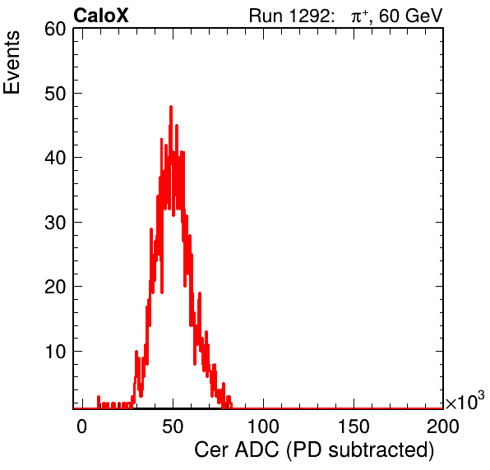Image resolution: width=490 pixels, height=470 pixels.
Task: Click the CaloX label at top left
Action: click(x=101, y=16)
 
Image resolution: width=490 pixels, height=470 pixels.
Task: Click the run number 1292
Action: click(x=309, y=16)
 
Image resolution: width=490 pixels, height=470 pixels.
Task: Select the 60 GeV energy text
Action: click(x=411, y=16)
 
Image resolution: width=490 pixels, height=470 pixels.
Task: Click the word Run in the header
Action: click(x=266, y=16)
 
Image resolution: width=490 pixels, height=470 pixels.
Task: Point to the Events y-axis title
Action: click(x=12, y=62)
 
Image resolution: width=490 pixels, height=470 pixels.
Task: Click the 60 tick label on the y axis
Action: click(x=55, y=30)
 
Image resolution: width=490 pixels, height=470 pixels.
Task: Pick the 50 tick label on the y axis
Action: click(x=55, y=94)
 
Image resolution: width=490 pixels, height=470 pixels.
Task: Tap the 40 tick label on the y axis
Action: click(x=55, y=158)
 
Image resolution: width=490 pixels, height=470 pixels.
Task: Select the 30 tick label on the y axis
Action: click(x=55, y=223)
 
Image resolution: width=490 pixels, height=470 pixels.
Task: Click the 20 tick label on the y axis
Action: click(x=55, y=287)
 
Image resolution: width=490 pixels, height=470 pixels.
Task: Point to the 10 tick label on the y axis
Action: click(x=55, y=352)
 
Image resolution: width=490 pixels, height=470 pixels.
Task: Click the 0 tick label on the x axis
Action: click(x=82, y=426)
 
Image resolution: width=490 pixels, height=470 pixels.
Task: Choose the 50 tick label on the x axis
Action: click(x=173, y=426)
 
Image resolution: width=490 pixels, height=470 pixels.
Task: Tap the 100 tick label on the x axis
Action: click(x=263, y=426)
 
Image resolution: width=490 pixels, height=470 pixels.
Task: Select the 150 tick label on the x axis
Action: click(x=354, y=426)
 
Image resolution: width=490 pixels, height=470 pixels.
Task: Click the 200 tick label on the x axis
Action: click(x=443, y=426)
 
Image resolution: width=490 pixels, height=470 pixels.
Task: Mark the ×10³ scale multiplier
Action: click(x=465, y=401)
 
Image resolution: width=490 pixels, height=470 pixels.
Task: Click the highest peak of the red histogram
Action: click(x=171, y=107)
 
